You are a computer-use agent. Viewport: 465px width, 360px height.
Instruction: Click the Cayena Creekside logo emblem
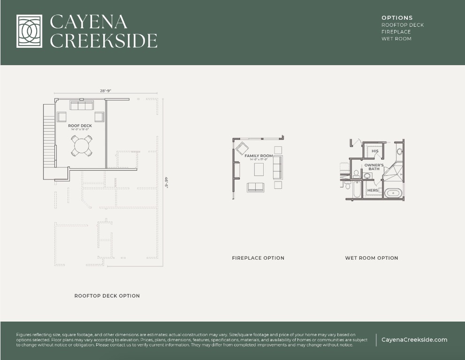(x=29, y=31)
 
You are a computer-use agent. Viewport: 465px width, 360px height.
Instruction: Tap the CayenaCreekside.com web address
(x=414, y=340)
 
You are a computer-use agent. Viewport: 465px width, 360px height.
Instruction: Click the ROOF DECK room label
(x=80, y=126)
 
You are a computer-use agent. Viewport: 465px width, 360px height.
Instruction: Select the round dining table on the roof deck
(x=82, y=146)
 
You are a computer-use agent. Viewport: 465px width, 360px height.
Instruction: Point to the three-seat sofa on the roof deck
(x=82, y=106)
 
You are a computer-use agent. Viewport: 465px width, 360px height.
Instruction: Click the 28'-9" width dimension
(x=106, y=91)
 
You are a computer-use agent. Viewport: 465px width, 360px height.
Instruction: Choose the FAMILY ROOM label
(x=259, y=156)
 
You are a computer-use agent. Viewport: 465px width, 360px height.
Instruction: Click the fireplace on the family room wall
(x=236, y=170)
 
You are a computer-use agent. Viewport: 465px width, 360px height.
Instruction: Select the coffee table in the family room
(x=259, y=169)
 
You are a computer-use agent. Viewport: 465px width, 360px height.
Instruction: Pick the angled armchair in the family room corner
(x=242, y=149)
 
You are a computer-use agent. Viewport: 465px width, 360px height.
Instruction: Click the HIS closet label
(x=375, y=151)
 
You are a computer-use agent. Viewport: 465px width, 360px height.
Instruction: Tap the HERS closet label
(x=373, y=190)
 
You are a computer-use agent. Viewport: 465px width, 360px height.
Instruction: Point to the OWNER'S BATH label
(x=374, y=167)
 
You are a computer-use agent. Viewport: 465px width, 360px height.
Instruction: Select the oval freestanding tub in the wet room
(x=393, y=193)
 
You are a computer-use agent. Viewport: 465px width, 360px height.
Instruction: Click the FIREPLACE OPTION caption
(x=258, y=258)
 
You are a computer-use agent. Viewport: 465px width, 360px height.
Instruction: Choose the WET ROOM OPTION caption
(x=372, y=258)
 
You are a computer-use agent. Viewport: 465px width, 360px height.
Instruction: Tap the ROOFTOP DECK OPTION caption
(x=107, y=296)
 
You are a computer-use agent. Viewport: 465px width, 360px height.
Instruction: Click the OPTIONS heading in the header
(x=397, y=18)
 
